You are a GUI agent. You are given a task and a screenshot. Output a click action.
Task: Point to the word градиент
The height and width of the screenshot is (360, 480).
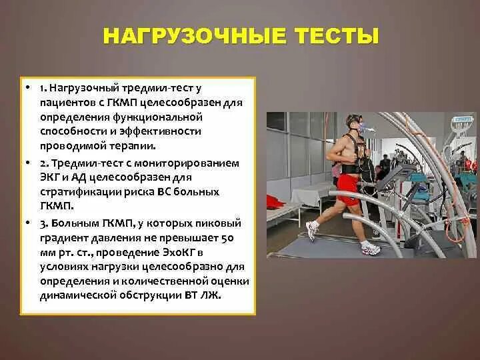[61, 237]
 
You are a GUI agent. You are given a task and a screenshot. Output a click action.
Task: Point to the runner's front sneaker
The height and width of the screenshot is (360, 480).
[371, 249]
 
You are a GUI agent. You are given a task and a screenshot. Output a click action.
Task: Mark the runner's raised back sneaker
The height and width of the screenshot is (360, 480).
[311, 230]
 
